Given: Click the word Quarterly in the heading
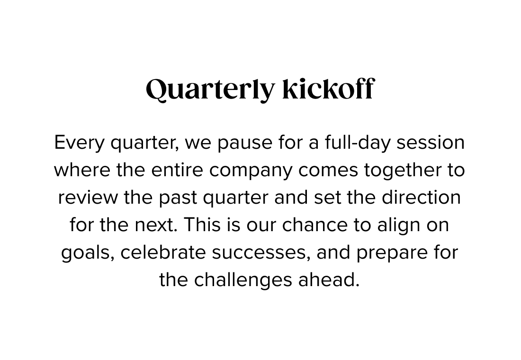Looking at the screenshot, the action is click(210, 90).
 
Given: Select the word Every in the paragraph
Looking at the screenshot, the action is click(79, 143).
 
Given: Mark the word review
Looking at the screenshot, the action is click(88, 198).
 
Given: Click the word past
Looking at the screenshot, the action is click(178, 198).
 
